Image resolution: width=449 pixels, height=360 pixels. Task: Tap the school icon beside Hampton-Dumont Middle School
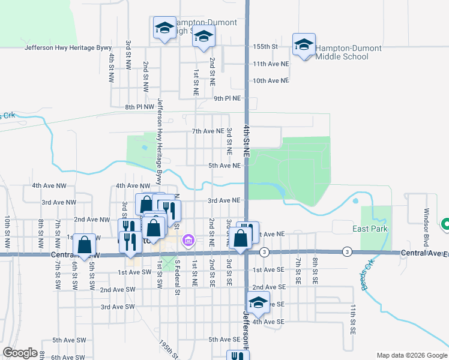point(304,45)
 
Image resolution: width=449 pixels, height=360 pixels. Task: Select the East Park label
point(370,229)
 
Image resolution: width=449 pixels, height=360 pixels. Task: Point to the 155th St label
point(266,46)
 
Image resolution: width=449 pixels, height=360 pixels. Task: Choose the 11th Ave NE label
point(271,64)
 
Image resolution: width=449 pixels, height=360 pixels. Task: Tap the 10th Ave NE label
point(271,80)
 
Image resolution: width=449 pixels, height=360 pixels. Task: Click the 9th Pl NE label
point(228,98)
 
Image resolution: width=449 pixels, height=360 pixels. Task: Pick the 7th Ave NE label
point(208,131)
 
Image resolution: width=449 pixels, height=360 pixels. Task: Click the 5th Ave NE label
point(224,166)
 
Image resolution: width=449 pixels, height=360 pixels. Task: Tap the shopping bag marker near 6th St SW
point(85,245)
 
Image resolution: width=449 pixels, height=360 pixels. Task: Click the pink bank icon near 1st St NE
point(187,241)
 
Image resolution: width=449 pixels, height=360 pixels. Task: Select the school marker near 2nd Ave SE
point(258,304)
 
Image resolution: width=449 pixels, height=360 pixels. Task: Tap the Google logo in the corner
point(20,353)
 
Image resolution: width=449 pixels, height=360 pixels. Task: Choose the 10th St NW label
point(7,233)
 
